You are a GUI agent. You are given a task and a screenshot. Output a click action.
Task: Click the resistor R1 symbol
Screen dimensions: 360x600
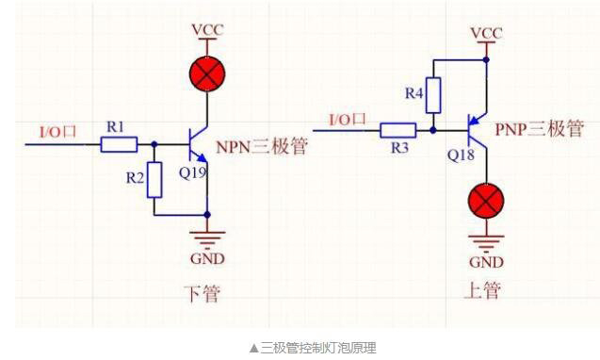pyautogui.click(x=119, y=144)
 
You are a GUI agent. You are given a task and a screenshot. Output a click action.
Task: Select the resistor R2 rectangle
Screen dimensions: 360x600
pyautogui.click(x=156, y=179)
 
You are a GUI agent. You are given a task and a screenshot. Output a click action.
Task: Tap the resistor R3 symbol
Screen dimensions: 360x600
pyautogui.click(x=398, y=130)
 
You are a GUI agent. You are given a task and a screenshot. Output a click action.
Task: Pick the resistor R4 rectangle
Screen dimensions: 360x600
pyautogui.click(x=432, y=93)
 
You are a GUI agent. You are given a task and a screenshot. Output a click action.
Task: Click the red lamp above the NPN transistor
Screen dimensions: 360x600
pyautogui.click(x=206, y=75)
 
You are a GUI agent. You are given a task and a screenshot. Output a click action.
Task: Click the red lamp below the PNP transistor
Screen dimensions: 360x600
pyautogui.click(x=486, y=201)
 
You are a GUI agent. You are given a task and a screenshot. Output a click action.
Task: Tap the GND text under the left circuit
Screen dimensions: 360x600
pyautogui.click(x=206, y=259)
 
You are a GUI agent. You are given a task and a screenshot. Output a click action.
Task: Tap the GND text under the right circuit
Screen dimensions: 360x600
pyautogui.click(x=486, y=262)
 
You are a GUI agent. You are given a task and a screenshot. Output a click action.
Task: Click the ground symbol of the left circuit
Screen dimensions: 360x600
pyautogui.click(x=206, y=238)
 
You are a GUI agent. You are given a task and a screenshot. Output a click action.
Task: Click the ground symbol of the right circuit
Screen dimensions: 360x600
pyautogui.click(x=486, y=242)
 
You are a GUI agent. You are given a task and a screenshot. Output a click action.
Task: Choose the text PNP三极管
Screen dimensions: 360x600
pyautogui.click(x=540, y=129)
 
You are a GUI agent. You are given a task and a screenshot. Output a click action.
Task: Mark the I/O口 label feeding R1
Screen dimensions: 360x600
pyautogui.click(x=57, y=131)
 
